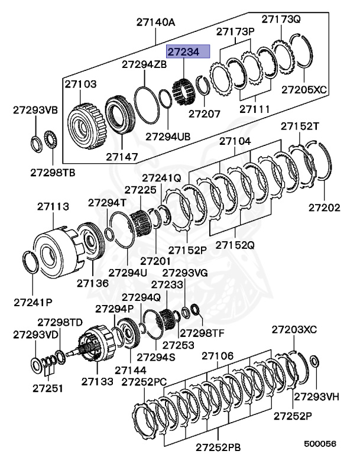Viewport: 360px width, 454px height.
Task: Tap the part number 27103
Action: click(x=80, y=85)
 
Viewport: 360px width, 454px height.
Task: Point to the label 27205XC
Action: click(x=304, y=90)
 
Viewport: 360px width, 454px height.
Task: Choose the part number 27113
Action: click(x=53, y=207)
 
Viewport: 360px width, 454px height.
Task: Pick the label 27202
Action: click(x=324, y=207)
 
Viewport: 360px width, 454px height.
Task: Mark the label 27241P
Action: click(x=34, y=302)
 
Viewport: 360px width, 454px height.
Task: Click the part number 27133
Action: click(x=98, y=382)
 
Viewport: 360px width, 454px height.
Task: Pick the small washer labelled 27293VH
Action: click(x=314, y=361)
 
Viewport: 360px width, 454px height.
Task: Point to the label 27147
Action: click(x=122, y=157)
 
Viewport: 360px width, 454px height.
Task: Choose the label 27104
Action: click(x=235, y=142)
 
